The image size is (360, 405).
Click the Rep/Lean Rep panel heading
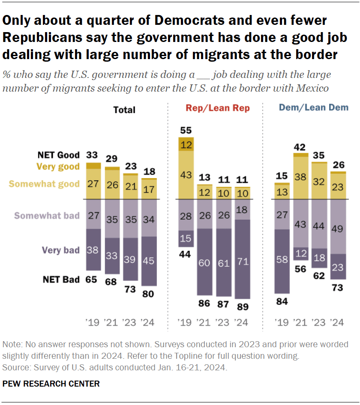tap(218, 108)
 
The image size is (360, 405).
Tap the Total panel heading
tap(124, 110)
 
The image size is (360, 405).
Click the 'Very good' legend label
tap(59, 167)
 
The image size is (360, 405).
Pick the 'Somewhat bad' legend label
tap(47, 215)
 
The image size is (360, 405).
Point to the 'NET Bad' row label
tap(61, 280)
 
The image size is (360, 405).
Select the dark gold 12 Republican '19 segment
tap(186, 144)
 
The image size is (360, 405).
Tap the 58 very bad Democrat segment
tap(282, 259)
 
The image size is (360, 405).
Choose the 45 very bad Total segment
tap(149, 261)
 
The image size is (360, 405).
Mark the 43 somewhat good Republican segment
tap(186, 175)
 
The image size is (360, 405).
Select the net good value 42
tap(301, 147)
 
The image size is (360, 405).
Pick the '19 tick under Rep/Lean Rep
tap(186, 322)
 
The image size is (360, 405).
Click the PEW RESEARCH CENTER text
tap(51, 384)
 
